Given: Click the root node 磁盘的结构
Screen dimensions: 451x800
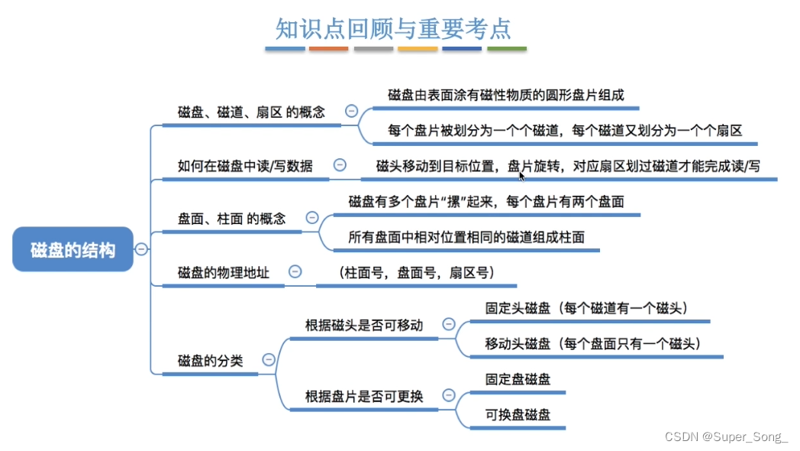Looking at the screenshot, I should [73, 249].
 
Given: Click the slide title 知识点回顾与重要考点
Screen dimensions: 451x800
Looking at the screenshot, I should [394, 28].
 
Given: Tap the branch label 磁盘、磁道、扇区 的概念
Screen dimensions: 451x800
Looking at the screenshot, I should [251, 112].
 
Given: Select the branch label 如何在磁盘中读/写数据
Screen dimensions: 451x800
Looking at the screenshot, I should [244, 165].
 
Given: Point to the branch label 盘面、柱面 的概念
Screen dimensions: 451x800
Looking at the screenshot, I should [231, 219].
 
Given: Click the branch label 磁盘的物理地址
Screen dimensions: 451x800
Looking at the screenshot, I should [223, 272].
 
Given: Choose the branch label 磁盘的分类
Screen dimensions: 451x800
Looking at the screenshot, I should [210, 361].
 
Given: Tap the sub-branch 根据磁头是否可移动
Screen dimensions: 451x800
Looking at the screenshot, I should [363, 325].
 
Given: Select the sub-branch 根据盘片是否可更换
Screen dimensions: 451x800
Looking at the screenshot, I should [363, 396].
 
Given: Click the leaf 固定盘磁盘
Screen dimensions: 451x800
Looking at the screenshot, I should [518, 379].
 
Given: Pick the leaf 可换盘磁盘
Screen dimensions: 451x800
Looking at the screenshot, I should [518, 415].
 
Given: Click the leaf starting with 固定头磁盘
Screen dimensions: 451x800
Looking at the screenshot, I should [588, 308].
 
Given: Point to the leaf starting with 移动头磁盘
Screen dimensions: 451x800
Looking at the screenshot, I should [593, 343].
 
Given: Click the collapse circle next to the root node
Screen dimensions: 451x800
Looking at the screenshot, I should [142, 248].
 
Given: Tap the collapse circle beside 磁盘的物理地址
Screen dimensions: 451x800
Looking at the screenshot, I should [295, 271].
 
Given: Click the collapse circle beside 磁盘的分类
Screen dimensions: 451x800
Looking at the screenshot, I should [269, 359].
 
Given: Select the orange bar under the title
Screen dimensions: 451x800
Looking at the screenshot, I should [329, 49].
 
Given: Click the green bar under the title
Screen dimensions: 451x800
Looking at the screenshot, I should [507, 49].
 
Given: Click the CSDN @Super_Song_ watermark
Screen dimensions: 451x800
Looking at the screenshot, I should [726, 436].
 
